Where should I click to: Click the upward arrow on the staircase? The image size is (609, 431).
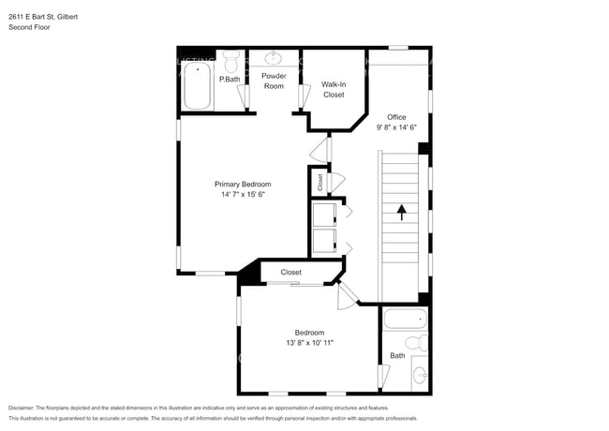tap(401, 213)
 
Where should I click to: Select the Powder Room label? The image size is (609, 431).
tap(273, 81)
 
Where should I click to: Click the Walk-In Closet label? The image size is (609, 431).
tap(333, 89)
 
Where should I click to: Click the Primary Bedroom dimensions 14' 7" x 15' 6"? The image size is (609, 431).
tap(244, 195)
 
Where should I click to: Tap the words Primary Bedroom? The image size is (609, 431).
tap(243, 184)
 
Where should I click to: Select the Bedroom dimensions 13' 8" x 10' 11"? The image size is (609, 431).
tap(309, 343)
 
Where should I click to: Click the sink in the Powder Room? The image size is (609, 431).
tap(275, 58)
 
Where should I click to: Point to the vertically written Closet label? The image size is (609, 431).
tap(319, 182)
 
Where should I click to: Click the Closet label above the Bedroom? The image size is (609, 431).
tap(290, 273)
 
